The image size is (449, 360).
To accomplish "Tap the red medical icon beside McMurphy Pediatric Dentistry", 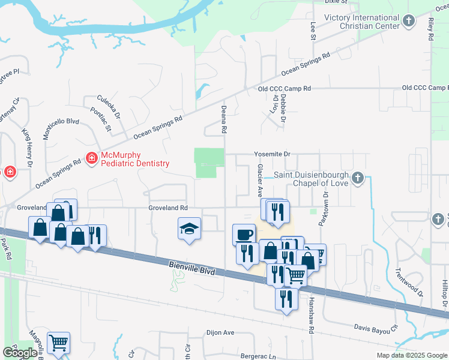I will (x=92, y=158).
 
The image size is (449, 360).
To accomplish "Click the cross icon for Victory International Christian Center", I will (x=409, y=22).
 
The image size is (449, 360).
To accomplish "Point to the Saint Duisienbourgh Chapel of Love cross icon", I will (x=358, y=178).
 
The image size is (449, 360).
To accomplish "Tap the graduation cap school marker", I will (x=189, y=229).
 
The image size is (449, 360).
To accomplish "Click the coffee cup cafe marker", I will (x=244, y=233).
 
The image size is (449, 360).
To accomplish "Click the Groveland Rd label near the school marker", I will (x=169, y=208).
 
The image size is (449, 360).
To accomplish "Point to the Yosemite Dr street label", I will (x=272, y=154).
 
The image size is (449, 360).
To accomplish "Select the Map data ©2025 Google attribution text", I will (x=412, y=355).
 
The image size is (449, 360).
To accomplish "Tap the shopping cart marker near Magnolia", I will (x=58, y=343).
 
